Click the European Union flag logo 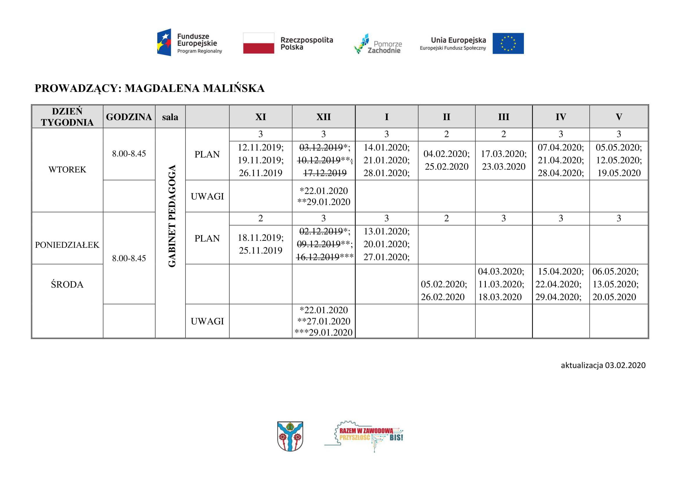(508, 43)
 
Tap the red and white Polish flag (258, 43)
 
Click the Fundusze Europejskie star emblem (164, 42)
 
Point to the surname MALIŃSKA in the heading (234, 88)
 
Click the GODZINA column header (129, 117)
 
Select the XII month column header (323, 117)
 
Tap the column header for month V (619, 117)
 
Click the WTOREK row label (67, 170)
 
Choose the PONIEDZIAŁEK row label (67, 245)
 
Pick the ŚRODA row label (67, 285)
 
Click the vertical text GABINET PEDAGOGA (172, 216)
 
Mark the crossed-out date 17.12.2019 (325, 173)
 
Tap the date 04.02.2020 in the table (446, 154)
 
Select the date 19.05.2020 (619, 173)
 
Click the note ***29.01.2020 (323, 332)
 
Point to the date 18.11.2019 (260, 238)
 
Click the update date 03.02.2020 (625, 365)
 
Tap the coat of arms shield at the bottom (290, 436)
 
